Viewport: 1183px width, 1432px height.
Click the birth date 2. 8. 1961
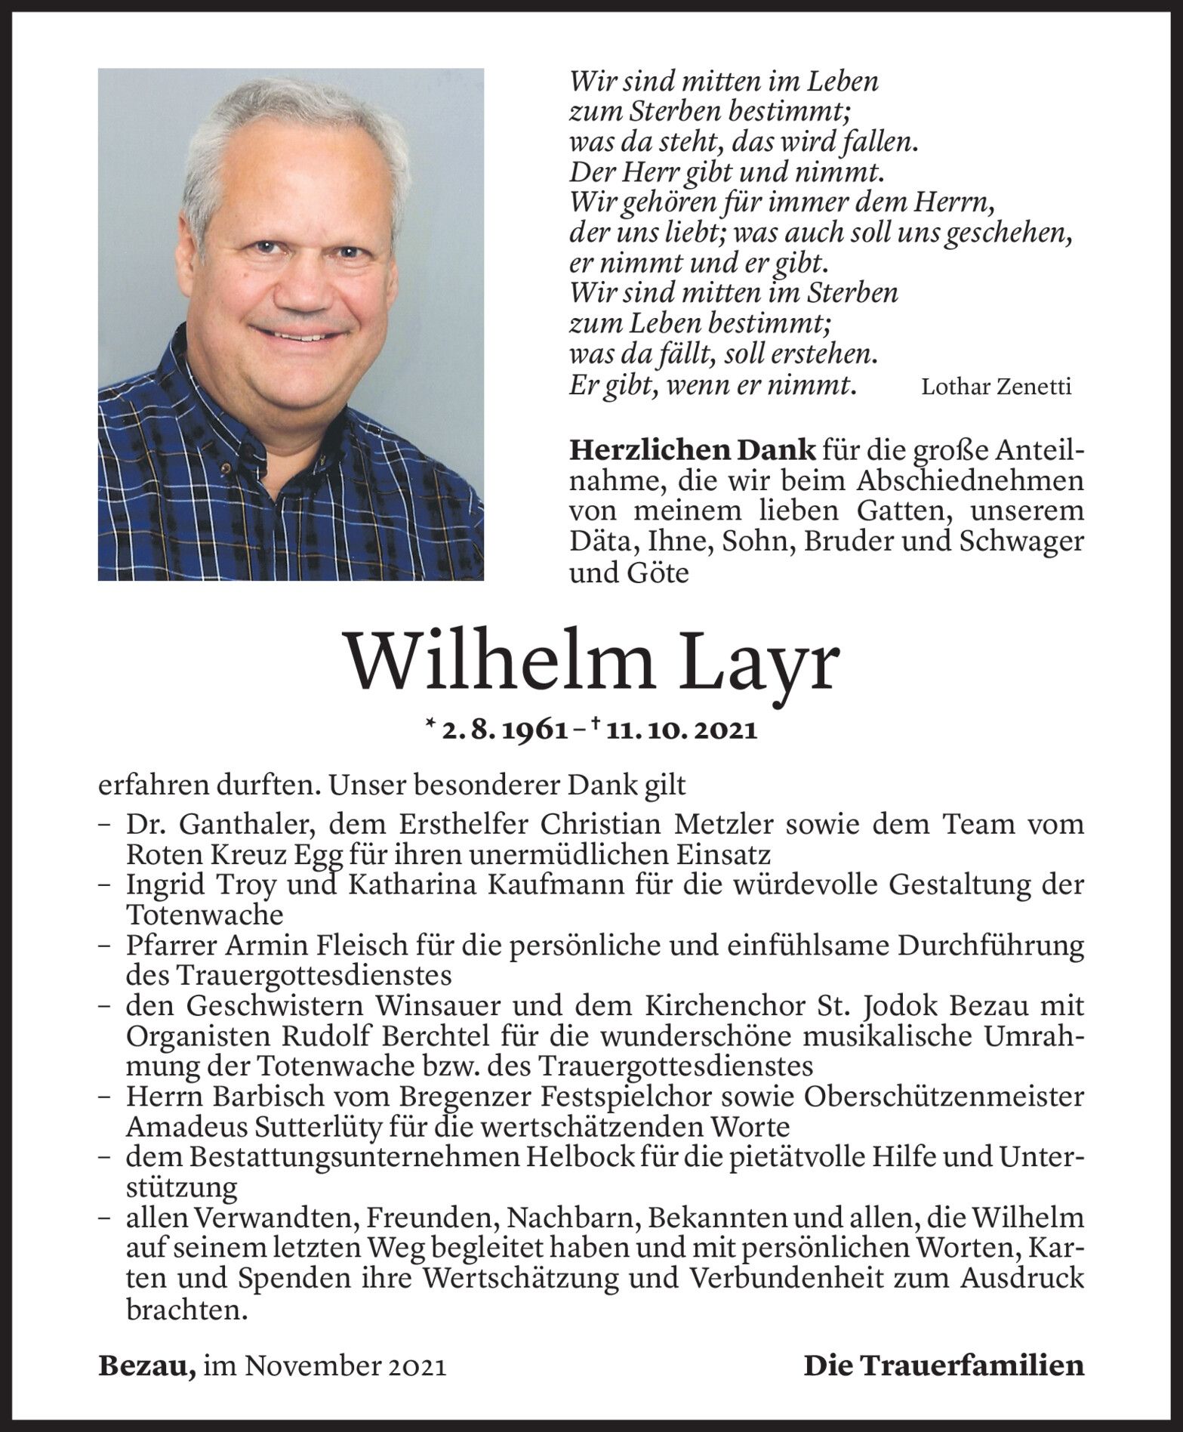click(x=505, y=730)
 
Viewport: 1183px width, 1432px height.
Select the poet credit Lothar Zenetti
click(x=996, y=387)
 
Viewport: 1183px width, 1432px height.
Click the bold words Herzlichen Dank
click(x=692, y=450)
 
